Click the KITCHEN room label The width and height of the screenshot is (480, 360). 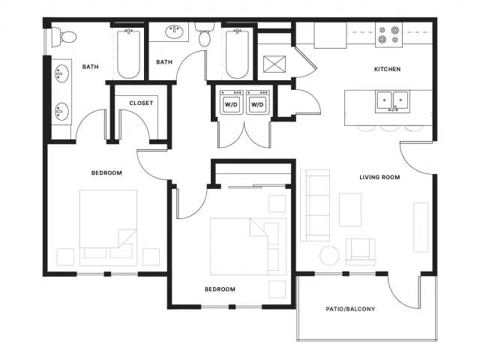tap(387, 69)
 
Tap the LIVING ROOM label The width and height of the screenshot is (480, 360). tap(379, 177)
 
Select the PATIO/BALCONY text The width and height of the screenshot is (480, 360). tap(350, 309)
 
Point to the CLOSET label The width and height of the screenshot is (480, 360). tap(141, 103)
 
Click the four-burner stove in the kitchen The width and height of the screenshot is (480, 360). tap(388, 35)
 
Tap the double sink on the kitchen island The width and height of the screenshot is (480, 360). tap(392, 101)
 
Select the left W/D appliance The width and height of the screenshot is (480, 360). tap(232, 102)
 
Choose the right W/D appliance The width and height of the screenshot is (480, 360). tap(258, 102)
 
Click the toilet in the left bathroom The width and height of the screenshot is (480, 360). tap(64, 37)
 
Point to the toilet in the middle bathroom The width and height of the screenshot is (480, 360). tap(205, 34)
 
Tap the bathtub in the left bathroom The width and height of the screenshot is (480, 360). tap(129, 53)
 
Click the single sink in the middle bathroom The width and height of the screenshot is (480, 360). tap(175, 31)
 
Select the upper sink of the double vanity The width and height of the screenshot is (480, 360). tap(61, 73)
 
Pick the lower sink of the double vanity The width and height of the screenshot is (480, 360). tap(61, 112)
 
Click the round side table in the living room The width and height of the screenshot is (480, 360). tap(329, 255)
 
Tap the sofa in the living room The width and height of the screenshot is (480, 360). tap(315, 205)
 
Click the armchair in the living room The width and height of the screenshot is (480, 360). tap(361, 252)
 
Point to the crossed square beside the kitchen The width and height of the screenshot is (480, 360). tap(274, 64)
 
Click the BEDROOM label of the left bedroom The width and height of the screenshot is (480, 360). tap(106, 173)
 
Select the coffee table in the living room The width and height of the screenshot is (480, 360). tap(350, 210)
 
